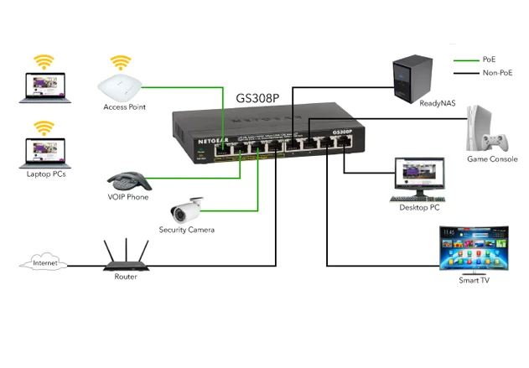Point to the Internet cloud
44,264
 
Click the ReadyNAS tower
416,74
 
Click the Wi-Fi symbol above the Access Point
122,63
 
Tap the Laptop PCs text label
47,174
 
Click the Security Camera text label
187,230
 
